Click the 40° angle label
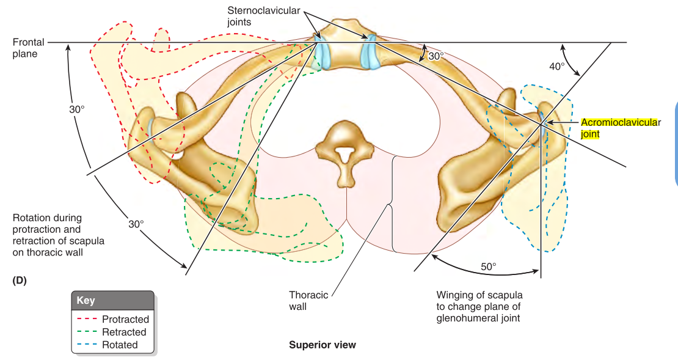pos(556,66)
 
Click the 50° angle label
pos(489,266)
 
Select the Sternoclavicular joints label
pos(249,16)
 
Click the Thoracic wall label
pos(308,301)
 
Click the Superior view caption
pos(322,345)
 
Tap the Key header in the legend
pos(86,301)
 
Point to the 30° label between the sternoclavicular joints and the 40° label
pos(436,56)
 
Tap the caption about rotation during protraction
pos(58,235)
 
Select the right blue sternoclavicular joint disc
pos(371,52)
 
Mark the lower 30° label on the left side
pos(136,224)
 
